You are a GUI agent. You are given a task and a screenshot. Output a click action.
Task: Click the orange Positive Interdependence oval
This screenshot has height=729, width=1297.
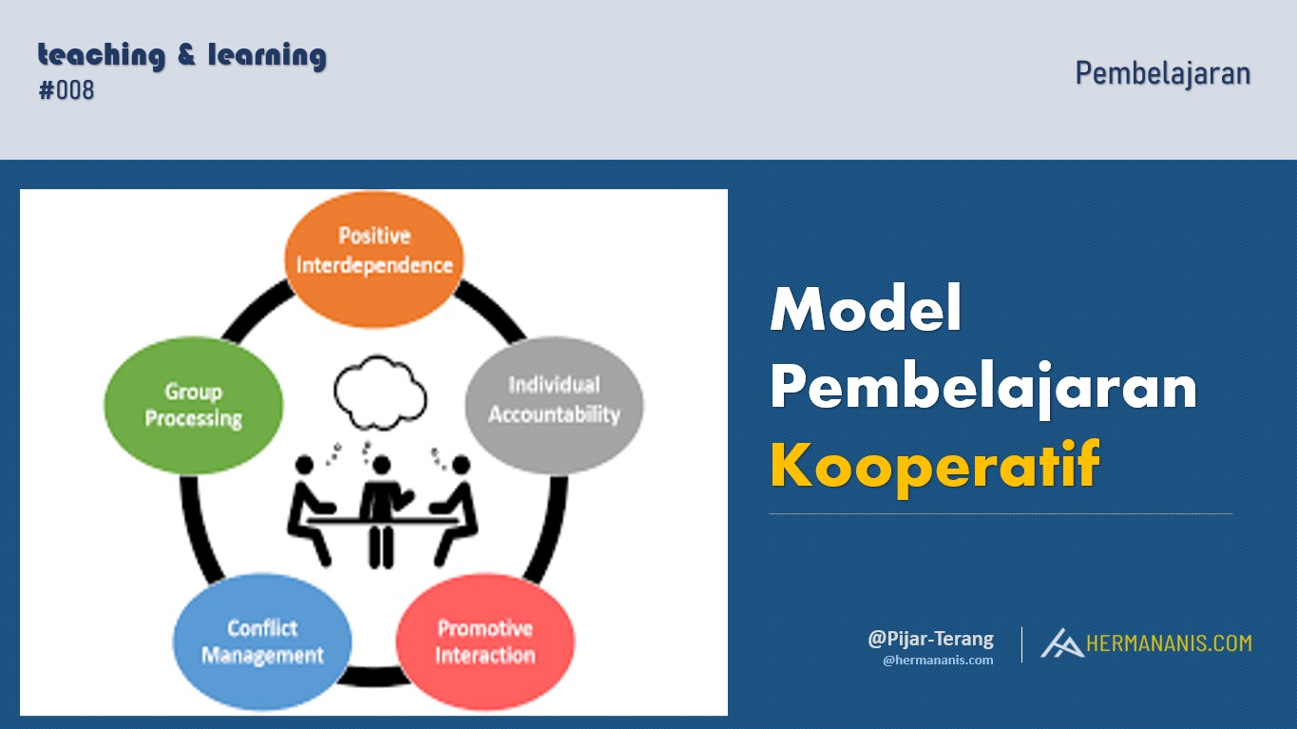point(373,250)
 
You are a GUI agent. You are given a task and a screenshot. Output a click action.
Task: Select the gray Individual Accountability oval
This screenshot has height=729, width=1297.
point(554,400)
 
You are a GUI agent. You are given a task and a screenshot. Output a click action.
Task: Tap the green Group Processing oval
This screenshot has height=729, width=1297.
point(193,405)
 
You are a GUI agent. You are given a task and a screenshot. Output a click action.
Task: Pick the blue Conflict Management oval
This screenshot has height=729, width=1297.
point(262,642)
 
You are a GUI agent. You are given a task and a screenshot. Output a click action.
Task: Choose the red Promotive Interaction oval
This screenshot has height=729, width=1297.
point(485,642)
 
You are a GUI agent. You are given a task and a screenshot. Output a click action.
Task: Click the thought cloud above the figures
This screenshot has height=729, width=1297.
point(378,392)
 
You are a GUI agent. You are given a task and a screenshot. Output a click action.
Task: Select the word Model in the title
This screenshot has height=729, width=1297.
point(866,309)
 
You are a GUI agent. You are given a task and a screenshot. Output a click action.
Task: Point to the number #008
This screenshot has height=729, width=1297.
point(67,91)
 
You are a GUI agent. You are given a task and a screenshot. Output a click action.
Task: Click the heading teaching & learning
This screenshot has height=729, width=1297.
point(181,55)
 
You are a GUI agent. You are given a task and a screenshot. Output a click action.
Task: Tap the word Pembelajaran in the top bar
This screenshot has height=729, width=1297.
point(1162,73)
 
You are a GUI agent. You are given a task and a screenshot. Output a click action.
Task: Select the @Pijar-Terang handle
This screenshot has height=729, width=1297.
point(930,639)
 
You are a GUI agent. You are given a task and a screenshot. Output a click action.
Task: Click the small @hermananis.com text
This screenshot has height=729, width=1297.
point(938,660)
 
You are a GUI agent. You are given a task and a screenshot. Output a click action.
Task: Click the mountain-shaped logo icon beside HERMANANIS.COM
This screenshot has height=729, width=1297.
point(1060,643)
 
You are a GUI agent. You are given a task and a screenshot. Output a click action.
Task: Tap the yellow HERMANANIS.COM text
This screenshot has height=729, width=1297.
point(1168,643)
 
